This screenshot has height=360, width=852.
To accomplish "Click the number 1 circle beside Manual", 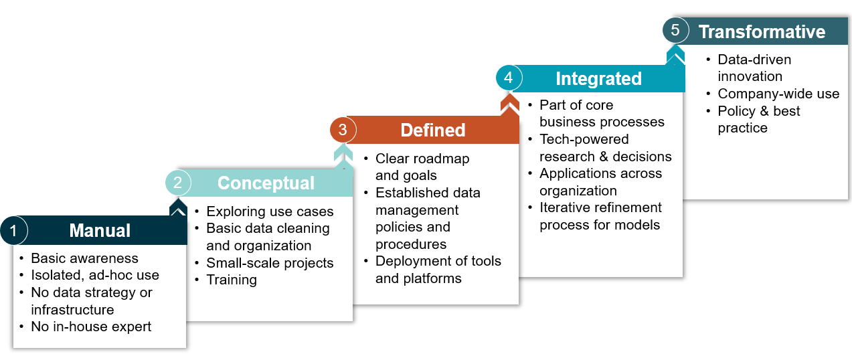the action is tap(14, 230).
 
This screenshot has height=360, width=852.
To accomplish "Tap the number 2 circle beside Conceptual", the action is tap(178, 183).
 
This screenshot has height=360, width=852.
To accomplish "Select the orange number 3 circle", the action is tap(343, 130).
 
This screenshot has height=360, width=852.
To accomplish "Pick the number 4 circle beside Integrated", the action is tap(509, 78).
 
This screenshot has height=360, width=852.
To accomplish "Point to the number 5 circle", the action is tap(675, 30).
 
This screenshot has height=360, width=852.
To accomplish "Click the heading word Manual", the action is tap(100, 230).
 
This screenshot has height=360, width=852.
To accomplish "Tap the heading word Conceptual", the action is tap(266, 183).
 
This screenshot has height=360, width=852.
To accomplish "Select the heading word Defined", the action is tap(433, 130).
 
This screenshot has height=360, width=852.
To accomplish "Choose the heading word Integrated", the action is tap(599, 79).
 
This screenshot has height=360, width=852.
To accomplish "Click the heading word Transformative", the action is tap(762, 31).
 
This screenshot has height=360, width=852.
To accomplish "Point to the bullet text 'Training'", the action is tap(232, 280).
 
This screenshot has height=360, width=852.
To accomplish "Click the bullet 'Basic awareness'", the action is tap(84, 258).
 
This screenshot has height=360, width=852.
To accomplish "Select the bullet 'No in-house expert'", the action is tap(91, 327).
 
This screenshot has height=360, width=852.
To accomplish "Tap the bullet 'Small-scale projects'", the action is tap(270, 263).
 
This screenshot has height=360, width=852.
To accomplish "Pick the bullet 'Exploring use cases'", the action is tap(270, 211).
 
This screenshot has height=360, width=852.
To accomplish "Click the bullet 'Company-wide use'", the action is tap(778, 94).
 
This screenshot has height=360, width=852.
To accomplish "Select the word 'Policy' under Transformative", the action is tap(736, 111).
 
